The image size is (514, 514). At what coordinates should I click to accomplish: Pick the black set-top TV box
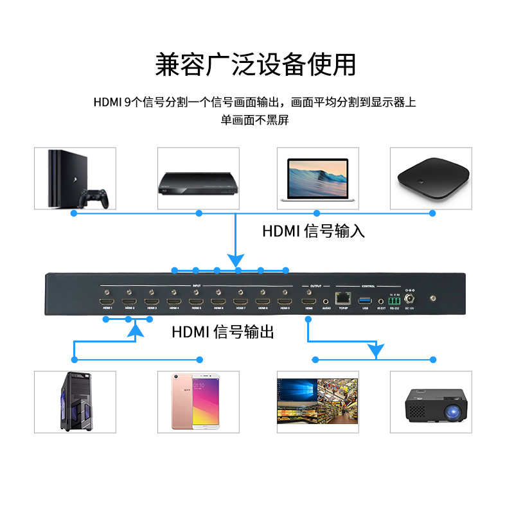click(430, 178)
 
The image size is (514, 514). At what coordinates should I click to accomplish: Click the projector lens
click(452, 409)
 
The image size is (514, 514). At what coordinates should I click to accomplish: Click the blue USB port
click(366, 299)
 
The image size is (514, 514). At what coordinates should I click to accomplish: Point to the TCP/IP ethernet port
click(343, 299)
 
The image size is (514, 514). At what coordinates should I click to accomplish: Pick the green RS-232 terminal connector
click(394, 299)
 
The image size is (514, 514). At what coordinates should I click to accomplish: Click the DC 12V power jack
click(407, 298)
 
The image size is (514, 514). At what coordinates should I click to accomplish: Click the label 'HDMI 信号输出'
click(223, 332)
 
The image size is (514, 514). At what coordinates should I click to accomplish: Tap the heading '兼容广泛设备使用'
click(256, 65)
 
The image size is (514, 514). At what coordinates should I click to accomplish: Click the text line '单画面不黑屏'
click(255, 120)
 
